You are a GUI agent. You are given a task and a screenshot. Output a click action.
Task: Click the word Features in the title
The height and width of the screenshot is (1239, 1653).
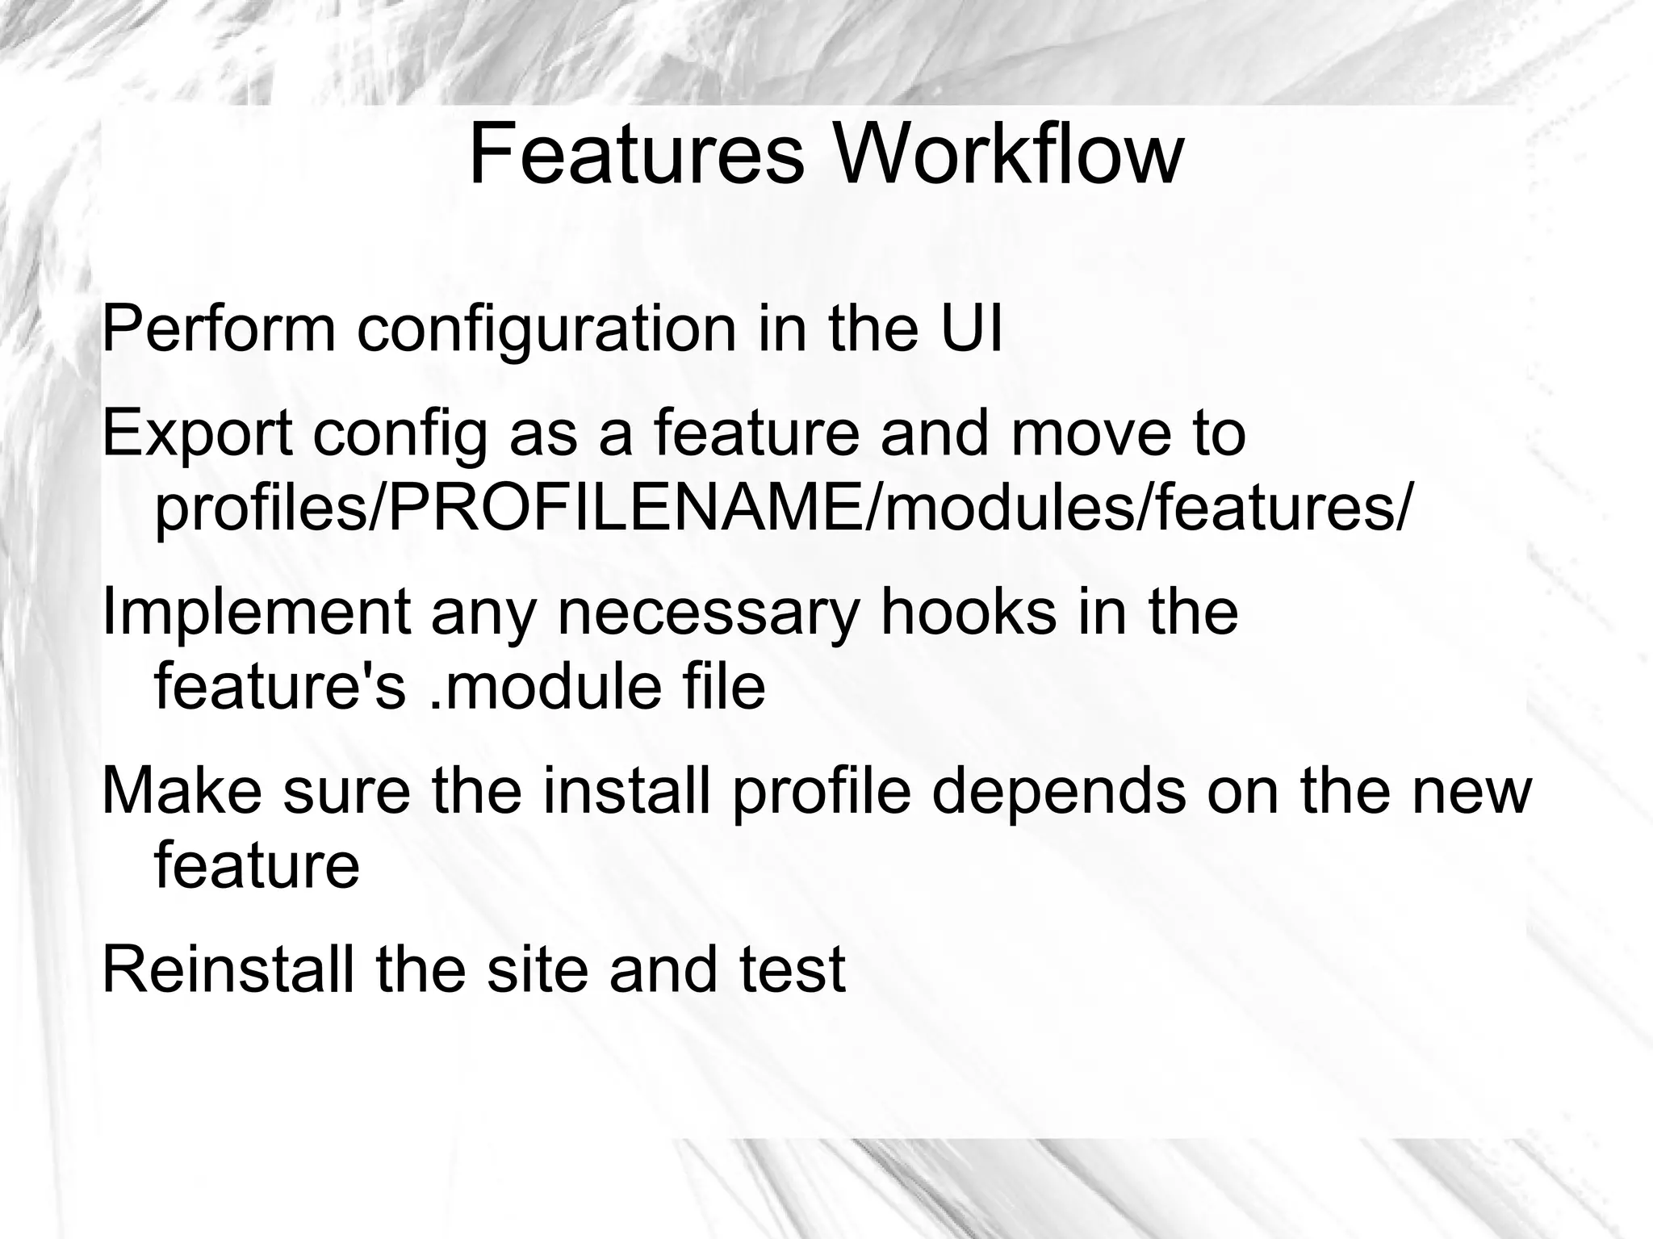(x=636, y=154)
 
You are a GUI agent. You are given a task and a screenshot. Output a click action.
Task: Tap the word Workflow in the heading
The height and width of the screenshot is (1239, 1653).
(x=1008, y=154)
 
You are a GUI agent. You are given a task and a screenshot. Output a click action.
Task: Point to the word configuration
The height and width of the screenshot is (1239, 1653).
(x=546, y=331)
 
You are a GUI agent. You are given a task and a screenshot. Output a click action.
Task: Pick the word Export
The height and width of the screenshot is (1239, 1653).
(x=197, y=434)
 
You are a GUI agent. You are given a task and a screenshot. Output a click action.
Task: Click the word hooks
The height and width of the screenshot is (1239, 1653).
(x=968, y=612)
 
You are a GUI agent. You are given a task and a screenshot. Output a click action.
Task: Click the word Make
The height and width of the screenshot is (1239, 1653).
(x=181, y=790)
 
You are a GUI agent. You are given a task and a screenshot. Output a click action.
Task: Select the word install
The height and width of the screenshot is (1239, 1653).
(x=626, y=790)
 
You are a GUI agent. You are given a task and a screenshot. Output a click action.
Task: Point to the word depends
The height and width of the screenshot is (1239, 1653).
(x=1058, y=792)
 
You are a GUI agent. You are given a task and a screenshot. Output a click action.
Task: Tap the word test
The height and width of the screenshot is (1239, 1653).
(x=793, y=970)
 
